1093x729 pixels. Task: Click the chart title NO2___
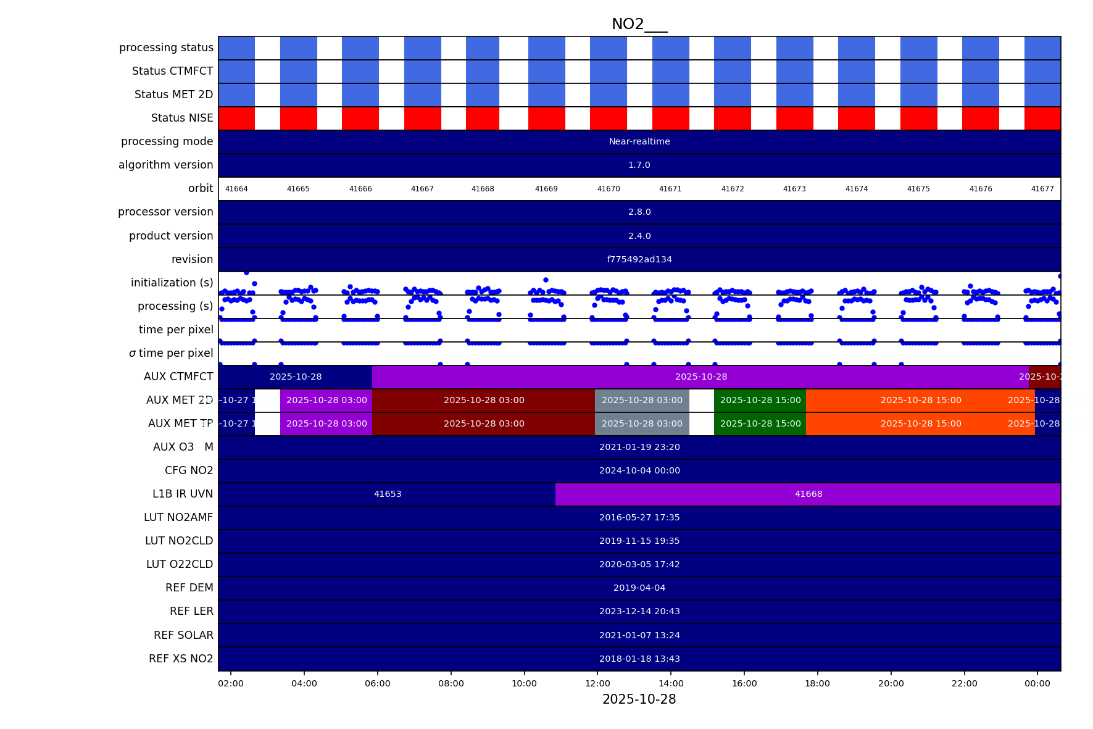tap(639, 24)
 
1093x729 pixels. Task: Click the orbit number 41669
tap(546, 189)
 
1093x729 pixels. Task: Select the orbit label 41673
tap(794, 189)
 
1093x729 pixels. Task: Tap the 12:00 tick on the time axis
tap(597, 683)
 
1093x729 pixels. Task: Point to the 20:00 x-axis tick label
tap(891, 683)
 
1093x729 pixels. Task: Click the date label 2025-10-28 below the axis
tap(639, 699)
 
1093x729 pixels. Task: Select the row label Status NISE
tap(182, 118)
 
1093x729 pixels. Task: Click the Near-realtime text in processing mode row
tap(639, 141)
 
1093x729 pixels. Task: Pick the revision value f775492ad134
tap(639, 259)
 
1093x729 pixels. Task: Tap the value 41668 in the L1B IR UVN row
tap(808, 494)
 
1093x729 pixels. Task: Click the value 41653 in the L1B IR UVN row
tap(388, 494)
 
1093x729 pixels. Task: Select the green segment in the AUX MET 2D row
tap(760, 400)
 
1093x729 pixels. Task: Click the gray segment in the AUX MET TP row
tap(642, 423)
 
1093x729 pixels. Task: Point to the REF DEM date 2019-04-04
tap(639, 588)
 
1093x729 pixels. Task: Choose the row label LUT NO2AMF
tap(178, 517)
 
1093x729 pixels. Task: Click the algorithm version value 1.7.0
tap(639, 165)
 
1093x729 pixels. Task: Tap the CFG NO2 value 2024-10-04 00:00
tap(639, 470)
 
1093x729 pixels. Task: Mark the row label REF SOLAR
tap(183, 635)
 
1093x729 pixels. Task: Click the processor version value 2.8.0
tap(639, 212)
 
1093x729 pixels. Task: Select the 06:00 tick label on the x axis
tap(378, 683)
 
